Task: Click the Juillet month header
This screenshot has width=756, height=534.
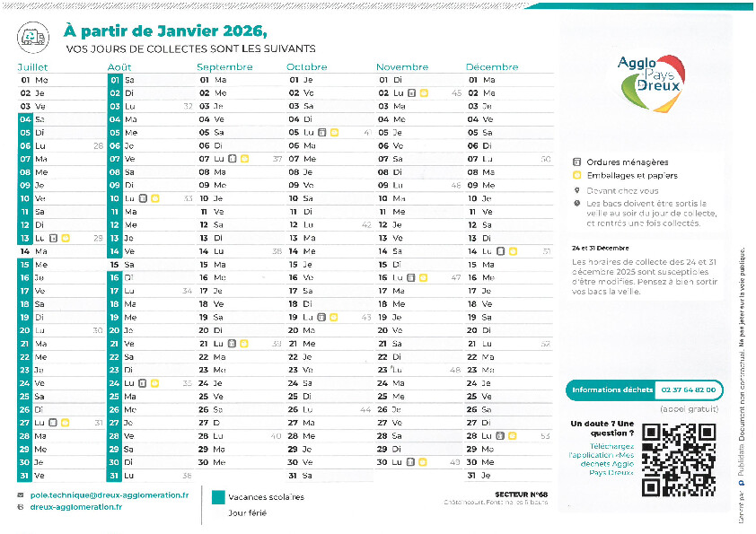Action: point(32,67)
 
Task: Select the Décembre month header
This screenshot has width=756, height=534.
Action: point(492,67)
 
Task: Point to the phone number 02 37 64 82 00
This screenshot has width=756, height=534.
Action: point(689,390)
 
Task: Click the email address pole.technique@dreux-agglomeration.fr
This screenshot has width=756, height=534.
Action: point(109,495)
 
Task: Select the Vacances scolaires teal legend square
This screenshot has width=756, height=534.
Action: point(217,496)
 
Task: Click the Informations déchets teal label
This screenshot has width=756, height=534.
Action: point(612,390)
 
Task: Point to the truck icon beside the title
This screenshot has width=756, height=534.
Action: point(32,34)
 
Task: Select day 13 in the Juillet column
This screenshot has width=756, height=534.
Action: point(24,238)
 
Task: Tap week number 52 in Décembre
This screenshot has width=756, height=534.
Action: point(545,344)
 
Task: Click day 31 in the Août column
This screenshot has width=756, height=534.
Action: point(114,475)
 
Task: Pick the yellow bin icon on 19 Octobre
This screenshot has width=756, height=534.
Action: point(333,317)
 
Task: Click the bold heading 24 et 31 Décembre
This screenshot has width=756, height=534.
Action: point(599,247)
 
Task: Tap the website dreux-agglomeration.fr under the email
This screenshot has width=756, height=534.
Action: point(76,507)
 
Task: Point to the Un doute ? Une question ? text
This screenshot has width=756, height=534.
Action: point(602,427)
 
